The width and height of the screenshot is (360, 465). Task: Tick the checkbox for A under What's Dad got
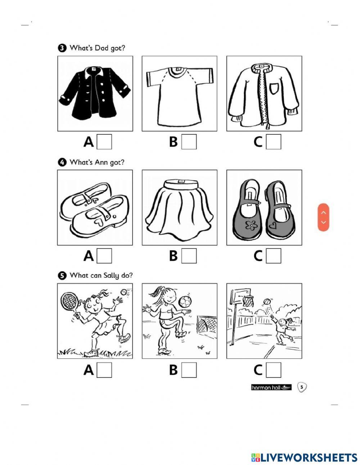pyautogui.click(x=104, y=142)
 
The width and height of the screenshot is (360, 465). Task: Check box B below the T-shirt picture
pyautogui.click(x=189, y=142)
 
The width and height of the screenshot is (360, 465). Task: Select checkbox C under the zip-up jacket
pyautogui.click(x=273, y=142)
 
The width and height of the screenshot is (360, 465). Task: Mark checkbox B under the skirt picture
pyautogui.click(x=189, y=256)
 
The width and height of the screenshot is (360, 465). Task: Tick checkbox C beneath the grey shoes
pyautogui.click(x=273, y=256)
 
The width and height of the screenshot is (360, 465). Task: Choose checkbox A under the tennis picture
pyautogui.click(x=104, y=370)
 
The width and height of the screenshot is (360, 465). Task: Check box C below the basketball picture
pyautogui.click(x=273, y=370)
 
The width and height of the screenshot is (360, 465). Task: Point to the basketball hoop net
pyautogui.click(x=248, y=301)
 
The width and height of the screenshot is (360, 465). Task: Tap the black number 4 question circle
pyautogui.click(x=62, y=162)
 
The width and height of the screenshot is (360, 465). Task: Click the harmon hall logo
pyautogui.click(x=271, y=387)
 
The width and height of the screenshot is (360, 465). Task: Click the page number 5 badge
pyautogui.click(x=302, y=387)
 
